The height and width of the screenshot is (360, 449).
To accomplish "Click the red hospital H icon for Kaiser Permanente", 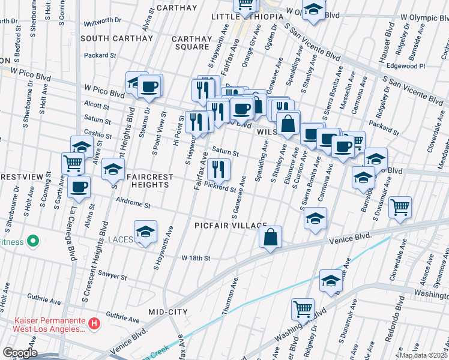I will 94,325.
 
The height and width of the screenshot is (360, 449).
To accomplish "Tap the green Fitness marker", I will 34,242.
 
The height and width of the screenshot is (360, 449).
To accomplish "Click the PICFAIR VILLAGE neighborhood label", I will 231,225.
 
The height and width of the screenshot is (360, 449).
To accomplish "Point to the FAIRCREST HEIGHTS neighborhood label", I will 151,181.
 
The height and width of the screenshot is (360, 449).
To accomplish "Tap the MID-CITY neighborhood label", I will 168,312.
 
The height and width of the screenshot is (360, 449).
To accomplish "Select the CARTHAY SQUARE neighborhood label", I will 191,43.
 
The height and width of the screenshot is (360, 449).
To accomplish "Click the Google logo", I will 19,353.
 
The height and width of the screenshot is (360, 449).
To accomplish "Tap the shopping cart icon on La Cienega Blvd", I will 73,162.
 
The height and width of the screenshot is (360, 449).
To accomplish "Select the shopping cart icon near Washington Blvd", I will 303,309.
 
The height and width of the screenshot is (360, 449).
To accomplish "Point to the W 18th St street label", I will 196,258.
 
